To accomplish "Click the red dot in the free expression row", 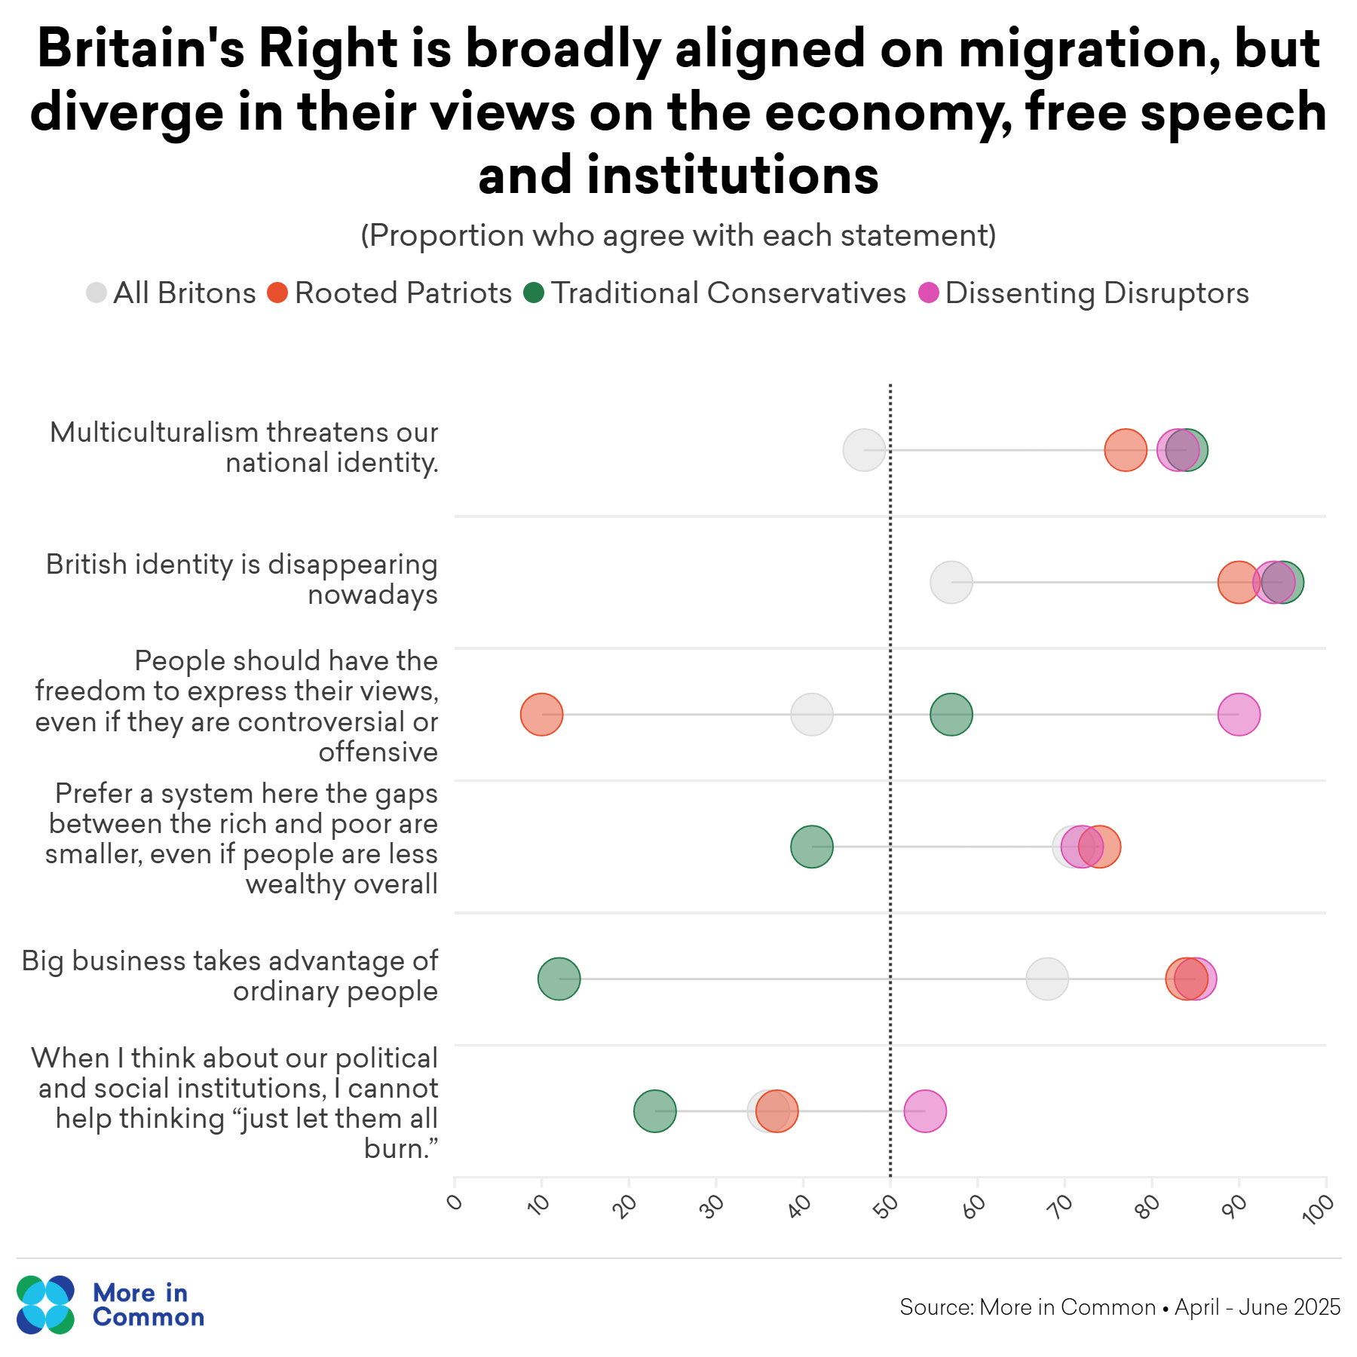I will (x=541, y=714).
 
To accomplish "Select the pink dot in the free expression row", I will (x=1239, y=714).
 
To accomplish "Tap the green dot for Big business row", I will (x=559, y=979).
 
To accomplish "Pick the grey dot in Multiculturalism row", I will (x=863, y=450).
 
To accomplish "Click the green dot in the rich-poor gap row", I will (x=811, y=847).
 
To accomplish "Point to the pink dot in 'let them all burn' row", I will (x=925, y=1110).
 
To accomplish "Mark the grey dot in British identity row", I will (x=951, y=582).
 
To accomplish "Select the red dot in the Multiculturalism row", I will (x=1125, y=450).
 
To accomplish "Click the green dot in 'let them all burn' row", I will (x=654, y=1110).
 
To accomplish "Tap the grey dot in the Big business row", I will (x=1046, y=979).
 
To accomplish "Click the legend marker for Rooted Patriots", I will (x=277, y=293).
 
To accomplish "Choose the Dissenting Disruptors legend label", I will (x=1096, y=293).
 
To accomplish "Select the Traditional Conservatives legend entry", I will (x=728, y=293).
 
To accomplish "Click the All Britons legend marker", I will (x=96, y=293).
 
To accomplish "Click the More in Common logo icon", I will (x=45, y=1305).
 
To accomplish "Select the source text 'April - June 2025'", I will (x=1257, y=1306).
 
